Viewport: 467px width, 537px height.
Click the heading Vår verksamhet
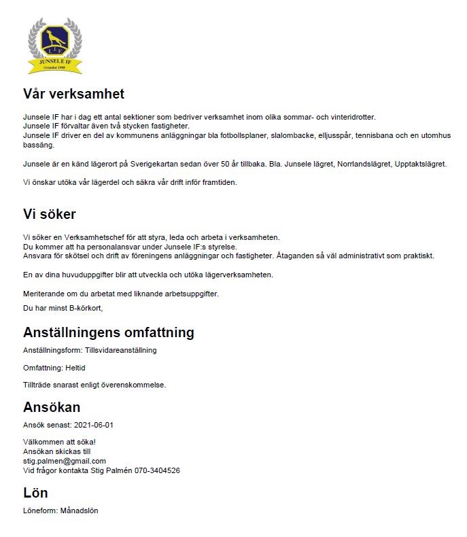point(73,94)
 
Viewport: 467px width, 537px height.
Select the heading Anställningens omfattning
point(108,332)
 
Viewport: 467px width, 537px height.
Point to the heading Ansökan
point(52,407)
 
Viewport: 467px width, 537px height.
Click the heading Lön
point(35,493)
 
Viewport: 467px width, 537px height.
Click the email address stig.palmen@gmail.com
point(65,461)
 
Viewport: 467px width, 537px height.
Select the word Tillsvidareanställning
point(121,350)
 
